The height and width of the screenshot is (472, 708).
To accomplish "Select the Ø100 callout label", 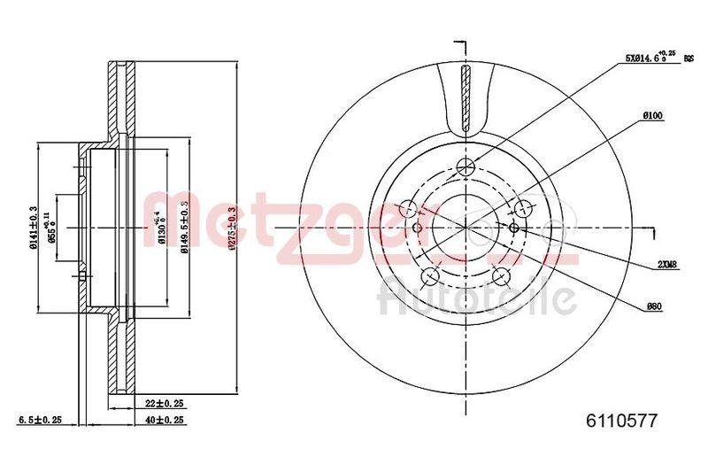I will point(654,116).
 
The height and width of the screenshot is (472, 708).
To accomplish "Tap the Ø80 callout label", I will point(654,306).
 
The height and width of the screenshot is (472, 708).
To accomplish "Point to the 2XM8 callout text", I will point(666,265).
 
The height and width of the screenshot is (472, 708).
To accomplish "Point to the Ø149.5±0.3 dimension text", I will point(185,228).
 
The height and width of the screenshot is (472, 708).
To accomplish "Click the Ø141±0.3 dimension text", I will point(33,228).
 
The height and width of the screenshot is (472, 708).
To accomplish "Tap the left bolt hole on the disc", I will point(409,209).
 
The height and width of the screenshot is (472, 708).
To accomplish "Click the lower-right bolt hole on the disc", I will point(504,275).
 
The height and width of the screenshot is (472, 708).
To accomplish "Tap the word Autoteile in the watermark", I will point(477,296).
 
